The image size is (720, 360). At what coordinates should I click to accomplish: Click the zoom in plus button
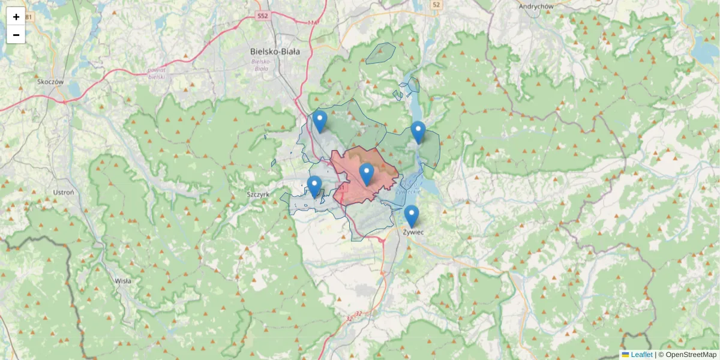16,17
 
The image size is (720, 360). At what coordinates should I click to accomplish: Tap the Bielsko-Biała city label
275,52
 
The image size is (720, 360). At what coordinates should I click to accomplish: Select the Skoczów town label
50,82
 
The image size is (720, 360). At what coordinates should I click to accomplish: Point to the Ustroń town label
63,193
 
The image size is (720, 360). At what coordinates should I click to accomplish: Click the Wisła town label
123,280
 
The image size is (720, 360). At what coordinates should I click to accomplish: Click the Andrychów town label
536,6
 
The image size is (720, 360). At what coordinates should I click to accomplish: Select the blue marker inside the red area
367,174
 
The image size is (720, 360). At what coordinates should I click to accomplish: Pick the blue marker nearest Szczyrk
314,186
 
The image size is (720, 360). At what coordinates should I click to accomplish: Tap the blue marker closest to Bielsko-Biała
320,121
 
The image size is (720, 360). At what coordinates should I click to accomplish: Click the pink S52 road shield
262,15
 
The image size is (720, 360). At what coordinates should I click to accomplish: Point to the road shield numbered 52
436,5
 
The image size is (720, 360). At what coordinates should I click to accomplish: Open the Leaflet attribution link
641,355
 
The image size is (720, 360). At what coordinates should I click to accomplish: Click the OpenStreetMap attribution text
691,355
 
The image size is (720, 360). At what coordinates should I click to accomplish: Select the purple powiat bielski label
156,73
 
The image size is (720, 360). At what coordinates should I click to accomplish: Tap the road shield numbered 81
29,16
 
